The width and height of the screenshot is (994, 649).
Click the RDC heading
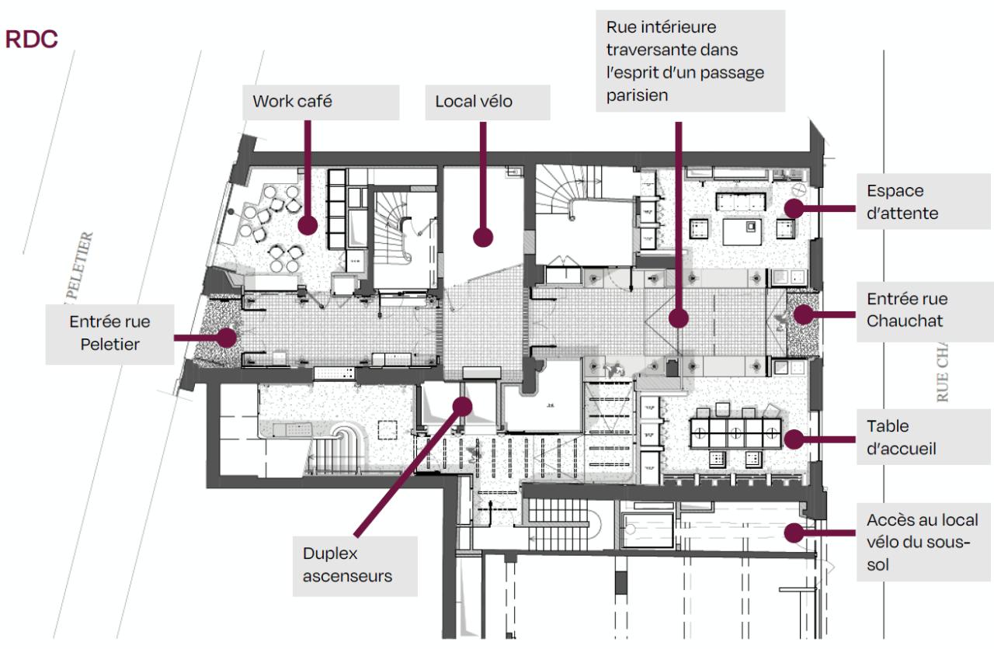[x=32, y=40]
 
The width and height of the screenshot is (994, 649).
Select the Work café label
[x=293, y=101]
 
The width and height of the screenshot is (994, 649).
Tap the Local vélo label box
[x=474, y=101]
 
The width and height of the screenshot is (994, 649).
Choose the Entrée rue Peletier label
[x=109, y=332]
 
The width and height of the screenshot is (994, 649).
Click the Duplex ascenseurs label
[x=347, y=564]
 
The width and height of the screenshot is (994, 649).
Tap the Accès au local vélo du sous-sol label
[x=922, y=542]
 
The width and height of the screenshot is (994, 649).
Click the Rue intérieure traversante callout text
[x=684, y=61]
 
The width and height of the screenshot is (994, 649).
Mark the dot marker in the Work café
[x=308, y=226]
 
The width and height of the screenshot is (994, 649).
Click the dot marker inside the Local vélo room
[x=484, y=237]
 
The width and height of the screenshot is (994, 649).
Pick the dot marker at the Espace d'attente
[x=793, y=207]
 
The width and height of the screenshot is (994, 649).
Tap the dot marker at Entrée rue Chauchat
[x=803, y=314]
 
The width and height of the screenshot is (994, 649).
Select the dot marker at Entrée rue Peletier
[x=227, y=337]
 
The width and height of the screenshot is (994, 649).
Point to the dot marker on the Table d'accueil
[x=793, y=439]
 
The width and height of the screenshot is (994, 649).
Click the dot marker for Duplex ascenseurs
[x=464, y=404]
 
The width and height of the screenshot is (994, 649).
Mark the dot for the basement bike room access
[x=793, y=533]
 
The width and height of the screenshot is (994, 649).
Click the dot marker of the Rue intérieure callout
[x=679, y=318]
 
